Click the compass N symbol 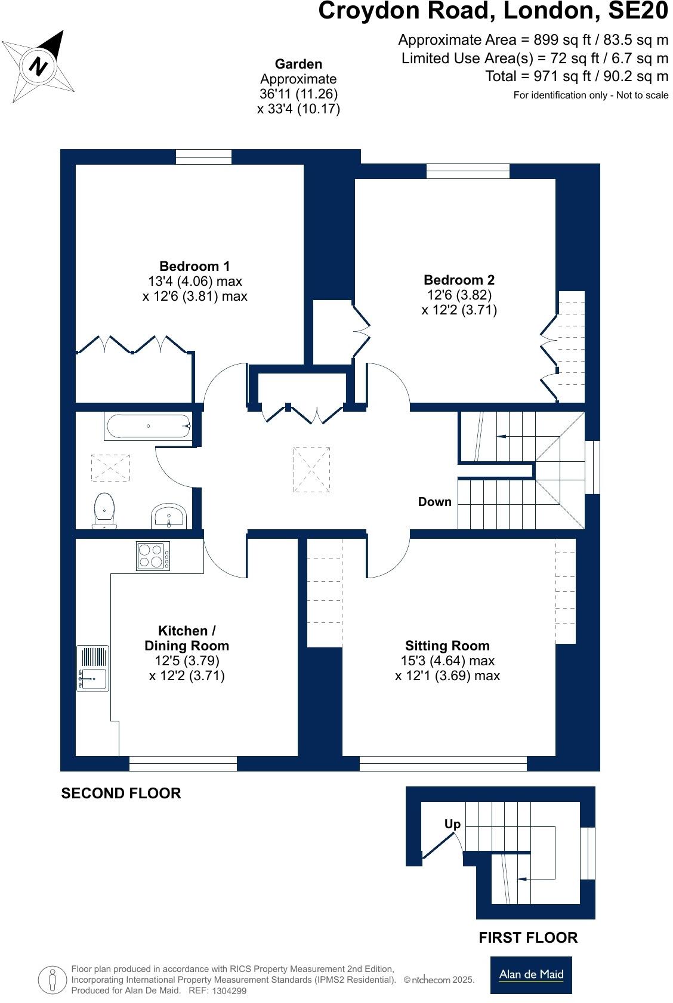point(39,66)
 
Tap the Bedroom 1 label point(195,266)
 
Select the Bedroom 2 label point(459,280)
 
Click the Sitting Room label point(447,646)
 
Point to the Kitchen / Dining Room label point(187,638)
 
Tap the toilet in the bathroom point(104,510)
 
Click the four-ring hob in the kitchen point(153,556)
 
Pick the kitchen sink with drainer point(93,669)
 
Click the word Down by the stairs point(434,502)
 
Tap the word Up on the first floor point(452,824)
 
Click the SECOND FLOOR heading point(121,794)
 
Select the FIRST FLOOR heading point(528,938)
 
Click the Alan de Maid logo point(530,975)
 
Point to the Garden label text point(298,64)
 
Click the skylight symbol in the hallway point(311,470)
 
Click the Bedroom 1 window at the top point(203,157)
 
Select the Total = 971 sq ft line point(576,76)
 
